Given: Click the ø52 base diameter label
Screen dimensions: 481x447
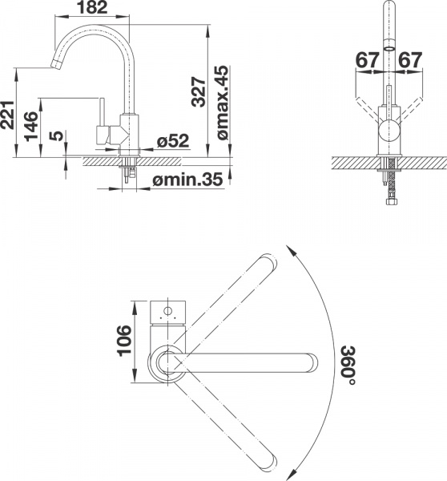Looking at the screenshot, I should pos(171,142).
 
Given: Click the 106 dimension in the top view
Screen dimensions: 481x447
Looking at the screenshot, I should pos(122,344).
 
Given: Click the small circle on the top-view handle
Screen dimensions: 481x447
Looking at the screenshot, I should pos(169,309).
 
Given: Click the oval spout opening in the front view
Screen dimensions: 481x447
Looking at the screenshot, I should pos(389,47).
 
